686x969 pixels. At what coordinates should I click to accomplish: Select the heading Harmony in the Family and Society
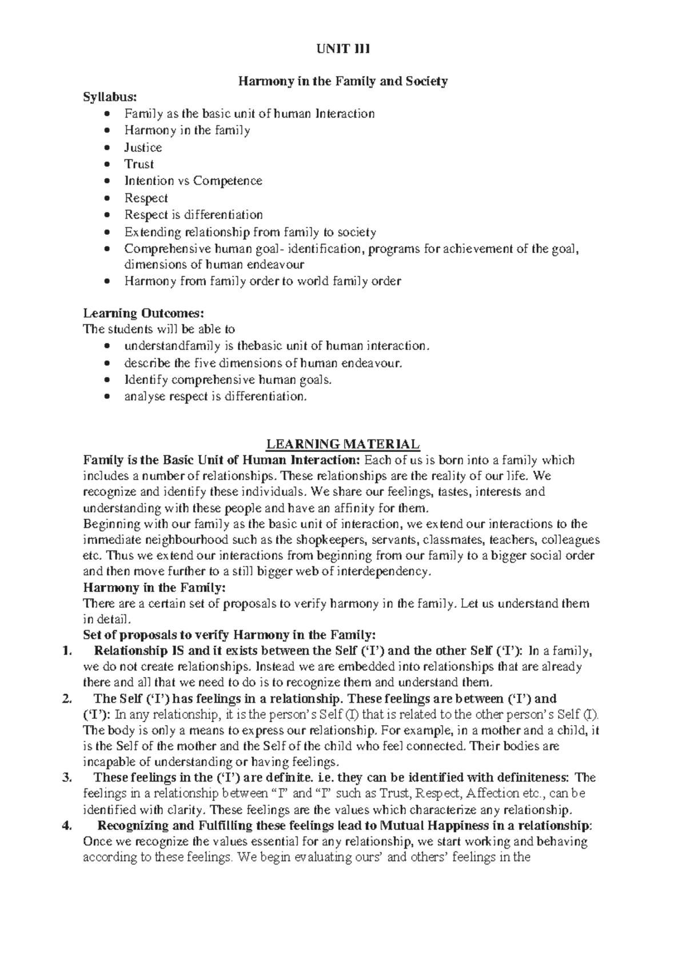point(342,81)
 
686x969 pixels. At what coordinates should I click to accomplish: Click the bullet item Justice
point(143,147)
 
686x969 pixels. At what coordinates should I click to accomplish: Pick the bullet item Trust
point(139,165)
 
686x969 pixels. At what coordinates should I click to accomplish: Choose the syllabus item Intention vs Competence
point(193,181)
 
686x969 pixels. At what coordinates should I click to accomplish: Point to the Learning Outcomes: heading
point(143,313)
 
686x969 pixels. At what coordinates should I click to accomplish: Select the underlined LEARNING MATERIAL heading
point(342,445)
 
